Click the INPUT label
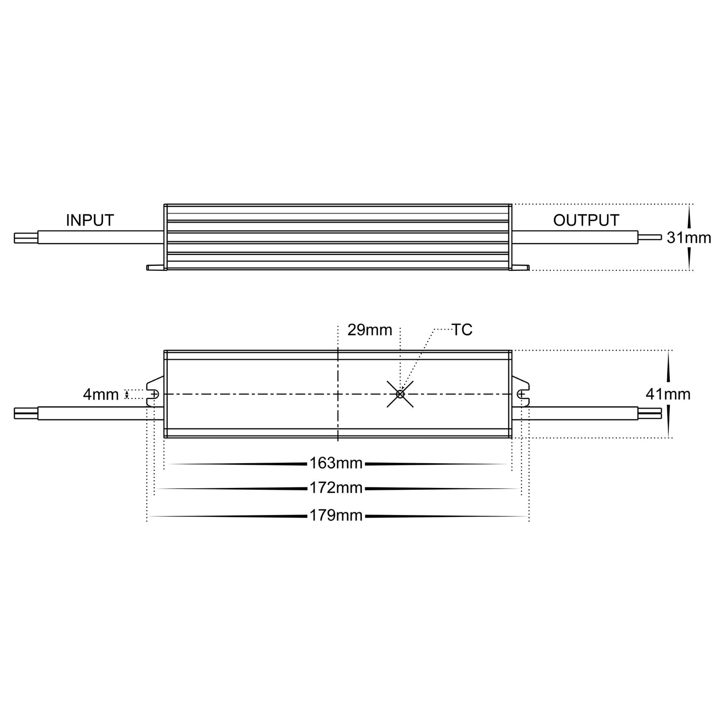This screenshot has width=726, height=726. click(x=90, y=220)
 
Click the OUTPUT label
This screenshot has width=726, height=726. click(x=586, y=220)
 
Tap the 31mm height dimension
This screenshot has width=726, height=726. click(x=689, y=238)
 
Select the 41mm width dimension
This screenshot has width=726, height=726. click(x=668, y=394)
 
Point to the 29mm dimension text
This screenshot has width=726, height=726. click(x=369, y=330)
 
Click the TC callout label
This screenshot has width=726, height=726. click(x=462, y=330)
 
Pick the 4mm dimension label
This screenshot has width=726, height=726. click(x=100, y=394)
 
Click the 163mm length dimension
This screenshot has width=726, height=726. click(x=336, y=463)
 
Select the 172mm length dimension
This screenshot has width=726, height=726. click(x=336, y=488)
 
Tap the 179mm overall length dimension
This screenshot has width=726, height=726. click(x=336, y=515)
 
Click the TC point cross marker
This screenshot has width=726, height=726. click(x=400, y=394)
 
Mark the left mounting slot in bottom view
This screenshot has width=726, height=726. click(x=153, y=394)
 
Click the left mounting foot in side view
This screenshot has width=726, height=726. click(x=156, y=267)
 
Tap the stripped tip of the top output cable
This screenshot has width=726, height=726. click(x=651, y=237)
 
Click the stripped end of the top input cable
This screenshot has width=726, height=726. click(x=25, y=238)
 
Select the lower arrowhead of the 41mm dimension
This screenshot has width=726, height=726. click(x=668, y=425)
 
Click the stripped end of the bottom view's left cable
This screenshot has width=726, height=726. click(x=25, y=413)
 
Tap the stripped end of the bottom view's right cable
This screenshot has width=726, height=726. click(x=651, y=413)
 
